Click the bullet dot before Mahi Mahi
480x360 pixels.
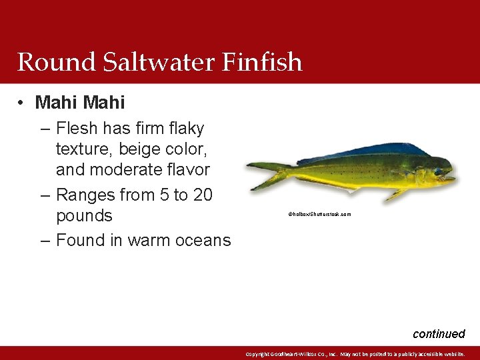[22, 103]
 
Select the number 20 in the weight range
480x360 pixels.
[202, 195]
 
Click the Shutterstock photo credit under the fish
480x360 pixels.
[319, 215]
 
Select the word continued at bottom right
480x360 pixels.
[439, 334]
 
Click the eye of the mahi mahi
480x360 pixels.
[439, 171]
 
